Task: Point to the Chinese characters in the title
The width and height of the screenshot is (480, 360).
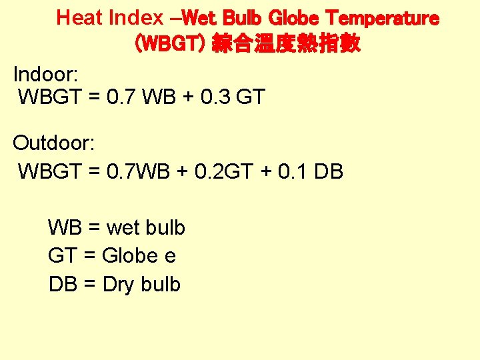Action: click(x=286, y=44)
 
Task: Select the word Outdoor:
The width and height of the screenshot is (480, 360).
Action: click(x=55, y=143)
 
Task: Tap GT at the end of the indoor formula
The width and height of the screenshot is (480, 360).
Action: click(x=251, y=97)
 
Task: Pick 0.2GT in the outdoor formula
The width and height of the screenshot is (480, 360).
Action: click(x=224, y=171)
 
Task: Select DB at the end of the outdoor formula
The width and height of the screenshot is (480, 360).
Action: click(x=328, y=171)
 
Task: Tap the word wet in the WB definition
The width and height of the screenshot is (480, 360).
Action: click(x=123, y=228)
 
